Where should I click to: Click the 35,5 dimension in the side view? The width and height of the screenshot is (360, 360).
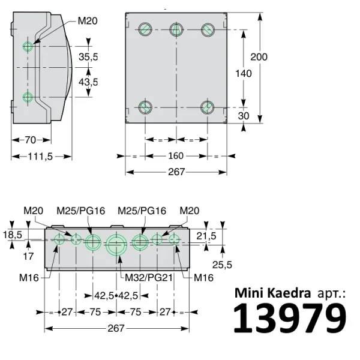click(x=88, y=57)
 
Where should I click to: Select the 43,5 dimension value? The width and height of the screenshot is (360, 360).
click(x=88, y=81)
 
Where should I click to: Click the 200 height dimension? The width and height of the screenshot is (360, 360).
click(x=259, y=57)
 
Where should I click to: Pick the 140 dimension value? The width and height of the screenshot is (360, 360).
click(x=243, y=74)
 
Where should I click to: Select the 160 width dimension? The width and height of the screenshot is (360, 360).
click(x=176, y=156)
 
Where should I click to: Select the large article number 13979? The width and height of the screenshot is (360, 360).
click(x=290, y=319)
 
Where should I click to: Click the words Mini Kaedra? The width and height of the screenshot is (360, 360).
click(x=272, y=293)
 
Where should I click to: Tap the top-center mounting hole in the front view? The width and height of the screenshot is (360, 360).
click(x=176, y=29)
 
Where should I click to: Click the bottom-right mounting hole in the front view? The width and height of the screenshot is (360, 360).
click(x=207, y=107)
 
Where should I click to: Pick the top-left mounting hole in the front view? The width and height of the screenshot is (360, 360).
click(x=145, y=29)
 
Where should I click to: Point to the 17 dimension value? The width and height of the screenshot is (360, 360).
click(x=28, y=256)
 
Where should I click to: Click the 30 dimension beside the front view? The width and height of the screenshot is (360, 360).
click(x=243, y=116)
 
